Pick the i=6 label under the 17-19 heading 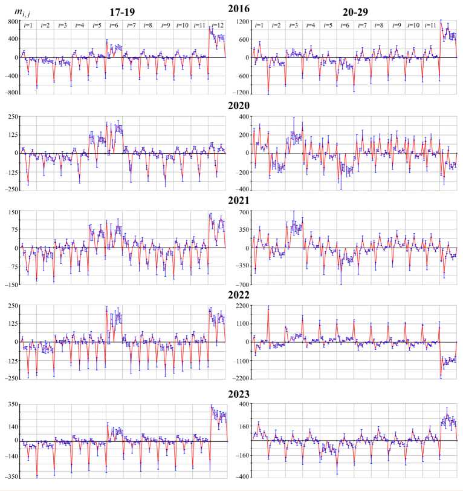click(112, 25)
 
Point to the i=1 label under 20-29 click(259, 25)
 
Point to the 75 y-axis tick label click(13, 230)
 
